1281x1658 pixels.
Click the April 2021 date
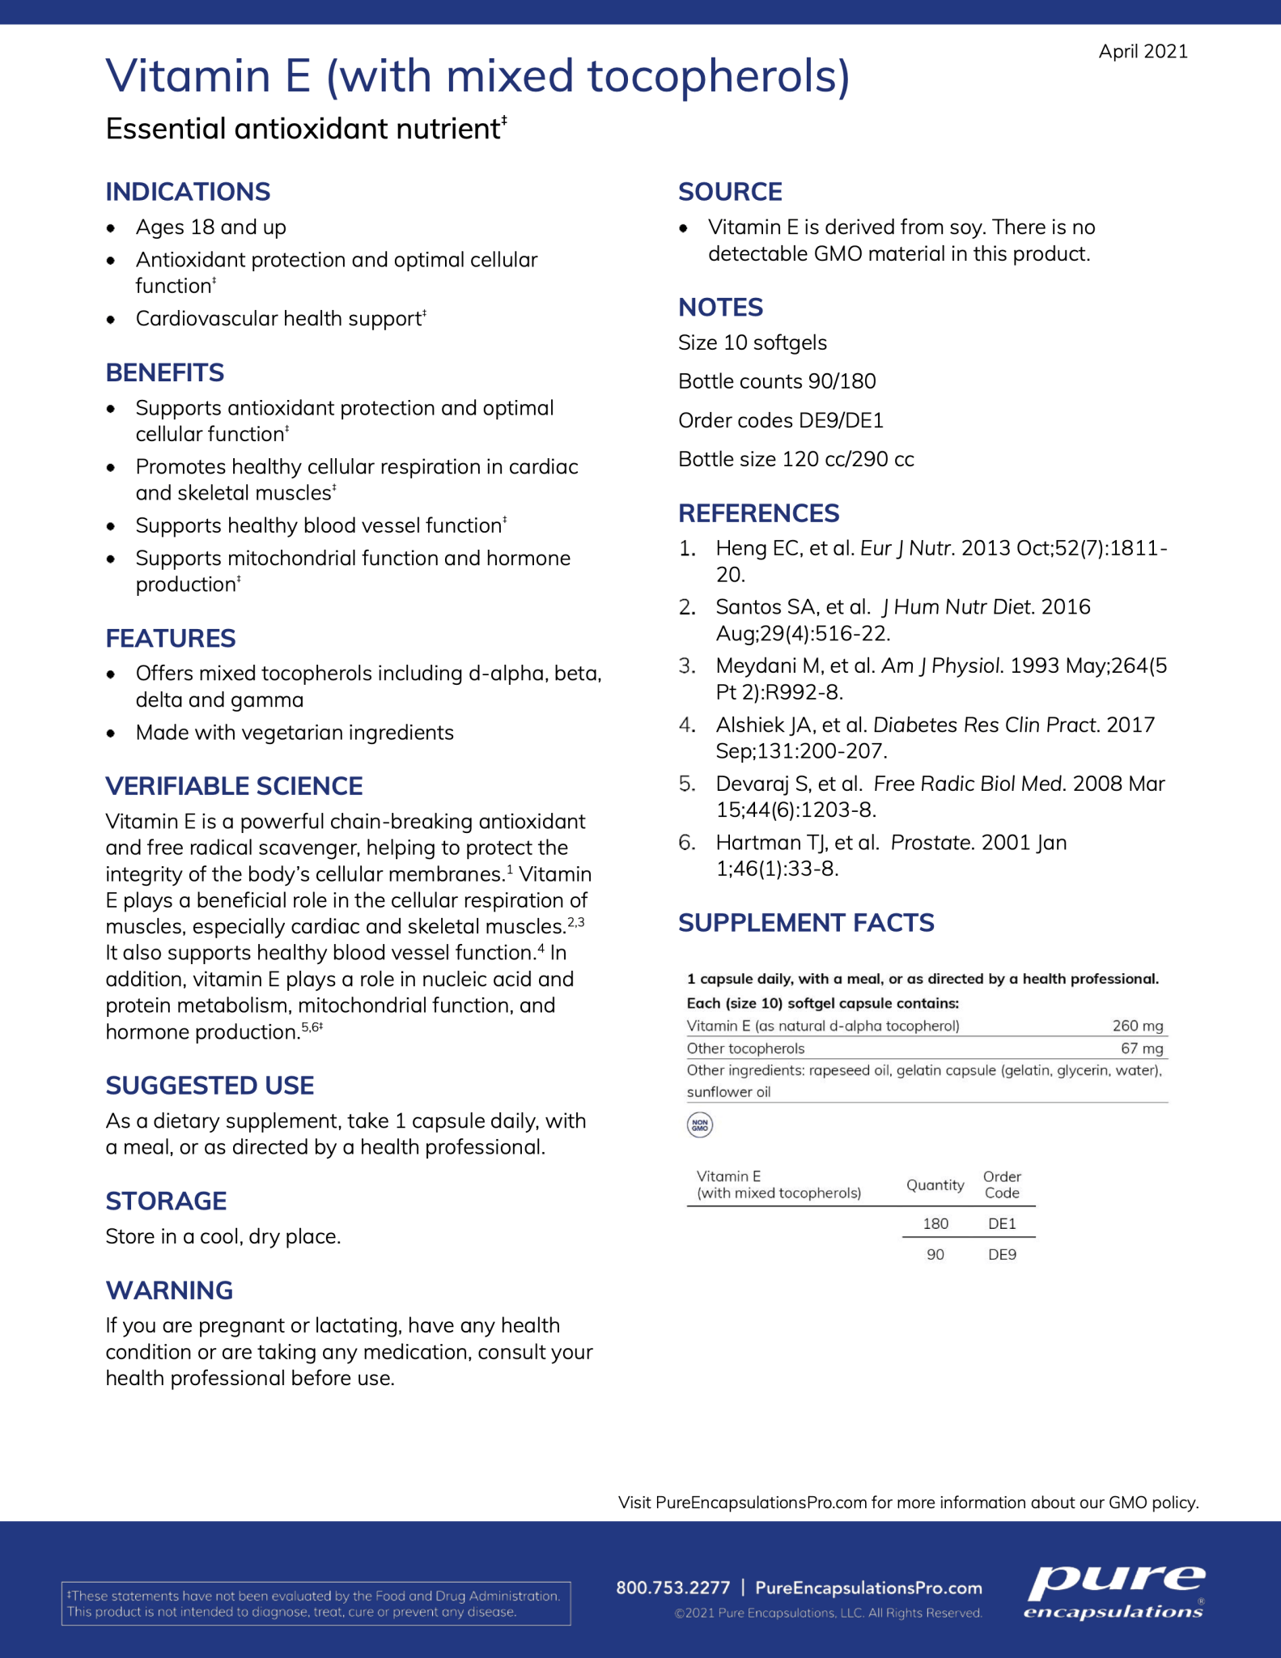[1143, 52]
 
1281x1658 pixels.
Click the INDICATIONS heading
[188, 192]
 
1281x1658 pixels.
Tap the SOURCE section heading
[730, 192]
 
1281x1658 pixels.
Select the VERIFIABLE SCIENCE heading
[234, 786]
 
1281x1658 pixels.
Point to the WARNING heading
[169, 1290]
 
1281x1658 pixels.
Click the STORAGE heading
[166, 1201]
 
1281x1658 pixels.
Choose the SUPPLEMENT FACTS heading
[806, 923]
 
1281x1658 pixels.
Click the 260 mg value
[1137, 1026]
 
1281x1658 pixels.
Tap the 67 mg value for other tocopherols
[1141, 1048]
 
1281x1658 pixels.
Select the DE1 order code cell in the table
[1002, 1224]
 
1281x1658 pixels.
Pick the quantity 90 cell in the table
[935, 1255]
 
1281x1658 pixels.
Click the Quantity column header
[935, 1185]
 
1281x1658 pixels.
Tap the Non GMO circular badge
[700, 1124]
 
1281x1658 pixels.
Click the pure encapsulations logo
[1114, 1592]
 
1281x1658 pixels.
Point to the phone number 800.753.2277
[672, 1588]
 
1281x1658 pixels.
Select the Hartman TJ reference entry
[890, 856]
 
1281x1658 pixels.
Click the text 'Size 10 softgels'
[753, 343]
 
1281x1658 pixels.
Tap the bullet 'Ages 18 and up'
[210, 227]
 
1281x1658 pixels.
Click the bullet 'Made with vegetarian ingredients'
[295, 733]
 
